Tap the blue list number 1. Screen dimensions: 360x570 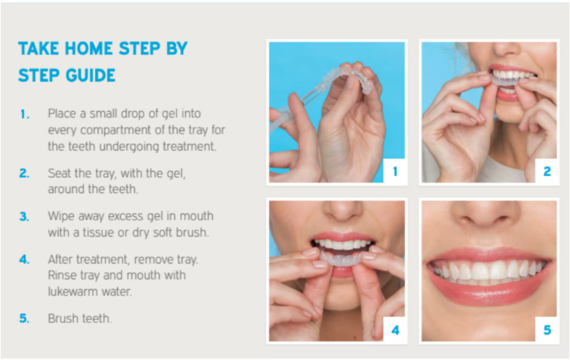coord(25,113)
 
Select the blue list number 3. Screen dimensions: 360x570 coord(25,216)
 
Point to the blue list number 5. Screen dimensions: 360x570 coord(25,319)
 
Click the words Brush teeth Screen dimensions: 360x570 coord(79,319)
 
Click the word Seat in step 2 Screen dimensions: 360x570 coord(59,173)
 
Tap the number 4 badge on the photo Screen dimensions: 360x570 coord(395,330)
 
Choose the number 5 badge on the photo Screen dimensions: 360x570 coord(547,330)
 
